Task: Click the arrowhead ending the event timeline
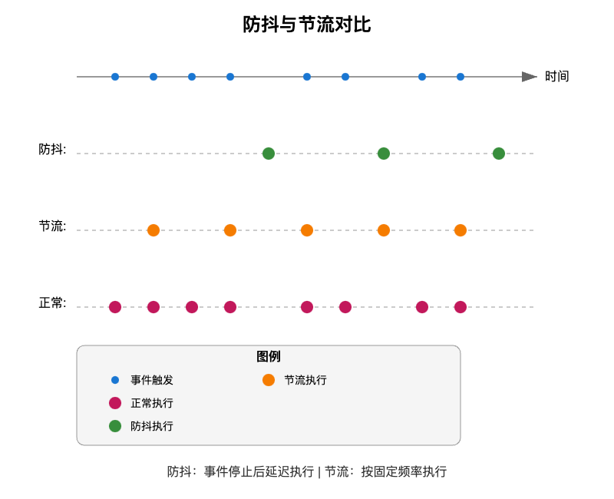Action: click(x=530, y=77)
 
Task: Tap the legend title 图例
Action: click(x=269, y=357)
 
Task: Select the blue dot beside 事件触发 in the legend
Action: click(x=115, y=380)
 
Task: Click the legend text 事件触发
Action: click(x=152, y=380)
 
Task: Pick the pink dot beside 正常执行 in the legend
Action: click(x=115, y=403)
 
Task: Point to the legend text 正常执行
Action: click(x=152, y=403)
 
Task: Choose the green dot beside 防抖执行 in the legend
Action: click(x=115, y=426)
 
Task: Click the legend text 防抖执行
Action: click(x=152, y=426)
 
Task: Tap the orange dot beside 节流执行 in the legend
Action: click(x=269, y=380)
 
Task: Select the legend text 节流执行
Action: click(x=305, y=380)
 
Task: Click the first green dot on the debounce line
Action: click(x=269, y=154)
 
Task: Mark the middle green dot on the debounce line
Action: click(x=384, y=154)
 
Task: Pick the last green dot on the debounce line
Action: click(x=499, y=154)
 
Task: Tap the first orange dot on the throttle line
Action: click(x=153, y=230)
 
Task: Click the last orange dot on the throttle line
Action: click(x=460, y=230)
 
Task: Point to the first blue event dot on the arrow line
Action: click(x=115, y=77)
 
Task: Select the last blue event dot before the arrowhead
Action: click(x=460, y=77)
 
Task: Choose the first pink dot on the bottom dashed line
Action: click(x=115, y=307)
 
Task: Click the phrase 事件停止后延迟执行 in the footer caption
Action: click(x=259, y=472)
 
